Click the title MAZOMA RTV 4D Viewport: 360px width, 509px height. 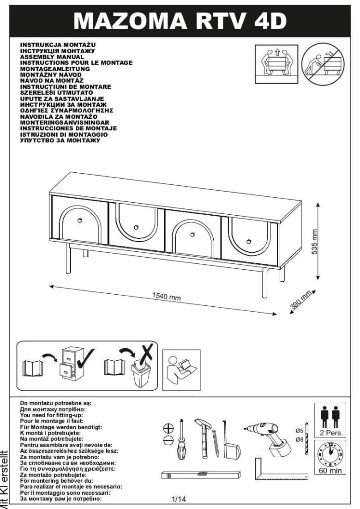click(x=180, y=21)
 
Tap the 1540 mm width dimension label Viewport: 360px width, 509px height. click(x=166, y=296)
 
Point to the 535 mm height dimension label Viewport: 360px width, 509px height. click(x=314, y=242)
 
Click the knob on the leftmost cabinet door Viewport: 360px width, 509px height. click(x=80, y=221)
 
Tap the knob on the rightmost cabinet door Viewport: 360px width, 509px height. click(x=249, y=241)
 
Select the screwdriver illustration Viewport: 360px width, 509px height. click(x=181, y=439)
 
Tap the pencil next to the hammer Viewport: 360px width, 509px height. click(x=216, y=443)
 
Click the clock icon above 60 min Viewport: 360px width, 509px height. click(x=330, y=454)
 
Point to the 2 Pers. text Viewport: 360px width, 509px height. click(x=330, y=433)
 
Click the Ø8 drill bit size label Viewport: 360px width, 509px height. click(x=299, y=440)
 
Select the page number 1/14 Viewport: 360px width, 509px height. click(x=179, y=499)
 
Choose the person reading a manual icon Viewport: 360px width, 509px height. click(x=181, y=370)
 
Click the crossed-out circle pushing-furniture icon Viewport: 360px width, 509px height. click(x=323, y=64)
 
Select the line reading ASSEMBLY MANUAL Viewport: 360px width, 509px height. click(x=52, y=57)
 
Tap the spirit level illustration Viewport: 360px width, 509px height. click(x=201, y=475)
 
